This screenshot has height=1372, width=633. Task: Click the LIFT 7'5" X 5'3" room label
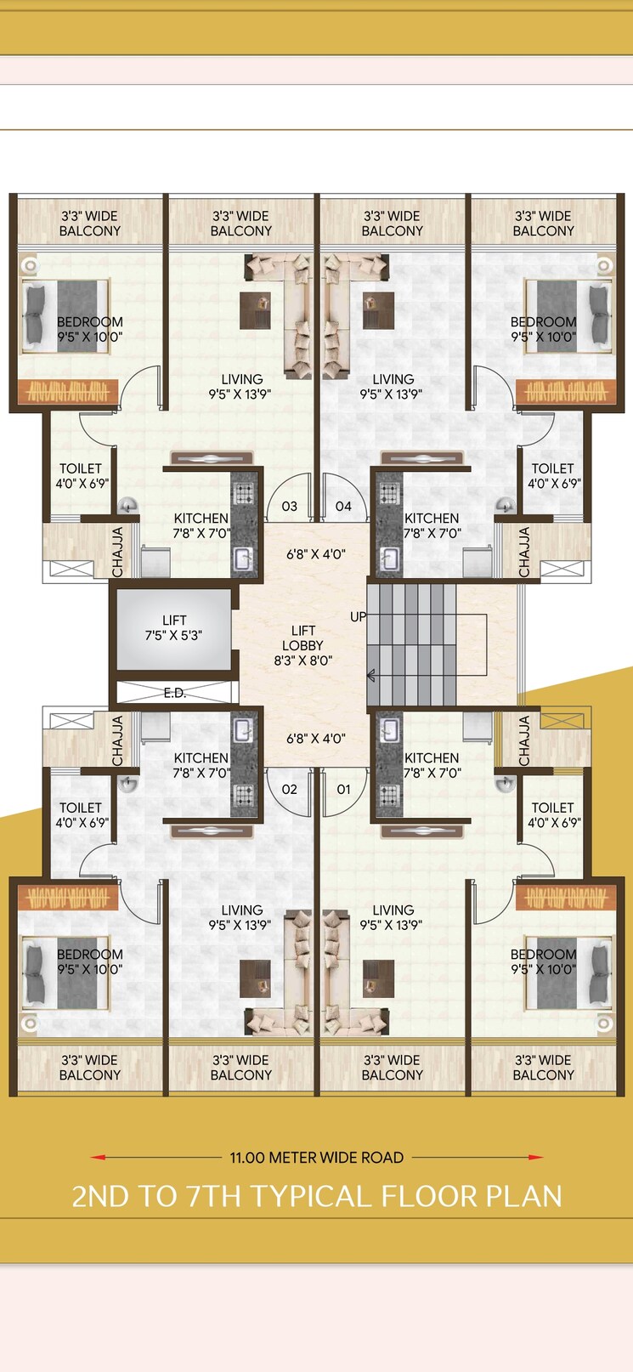[173, 627]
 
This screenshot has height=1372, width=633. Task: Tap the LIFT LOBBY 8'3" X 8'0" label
[303, 645]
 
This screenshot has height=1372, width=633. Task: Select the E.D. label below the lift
[175, 694]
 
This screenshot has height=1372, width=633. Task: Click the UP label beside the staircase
[359, 616]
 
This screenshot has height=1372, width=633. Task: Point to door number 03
[290, 507]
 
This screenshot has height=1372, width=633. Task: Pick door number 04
[343, 507]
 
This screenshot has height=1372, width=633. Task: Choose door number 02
[290, 789]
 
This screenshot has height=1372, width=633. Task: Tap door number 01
[343, 789]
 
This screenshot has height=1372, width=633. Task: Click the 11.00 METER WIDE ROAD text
[316, 1158]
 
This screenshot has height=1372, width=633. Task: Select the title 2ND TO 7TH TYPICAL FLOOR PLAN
[316, 1196]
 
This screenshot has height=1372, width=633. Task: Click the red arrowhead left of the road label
[99, 1157]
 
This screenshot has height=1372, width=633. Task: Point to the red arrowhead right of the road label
[535, 1157]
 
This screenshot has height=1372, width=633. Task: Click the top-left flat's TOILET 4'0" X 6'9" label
[81, 476]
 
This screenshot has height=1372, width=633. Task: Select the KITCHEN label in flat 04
[432, 525]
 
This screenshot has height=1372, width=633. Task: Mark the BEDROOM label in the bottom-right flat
[543, 961]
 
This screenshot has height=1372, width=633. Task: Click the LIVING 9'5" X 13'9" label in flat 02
[242, 917]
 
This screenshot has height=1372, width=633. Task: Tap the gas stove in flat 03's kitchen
[244, 494]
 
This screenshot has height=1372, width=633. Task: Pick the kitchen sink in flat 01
[390, 731]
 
